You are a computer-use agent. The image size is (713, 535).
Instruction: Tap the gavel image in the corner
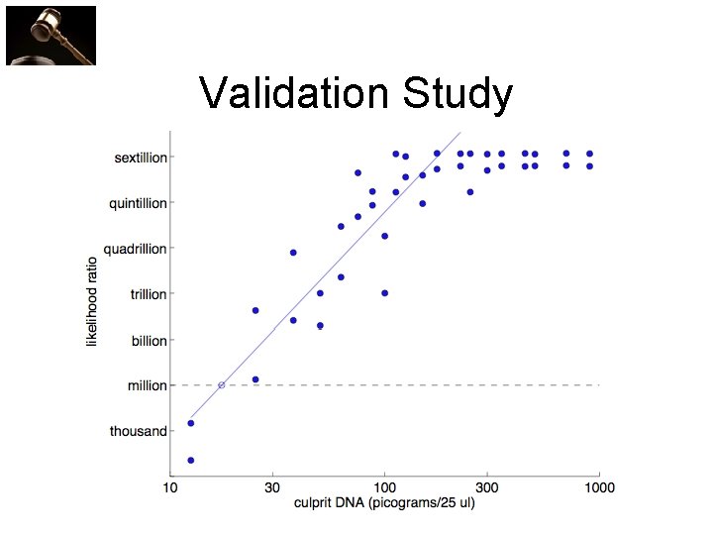[x=51, y=35]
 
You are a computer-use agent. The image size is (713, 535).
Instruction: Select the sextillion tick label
[x=141, y=158]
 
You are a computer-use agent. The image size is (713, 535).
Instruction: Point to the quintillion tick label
[x=138, y=203]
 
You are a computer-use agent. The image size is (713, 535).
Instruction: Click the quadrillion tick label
[x=136, y=249]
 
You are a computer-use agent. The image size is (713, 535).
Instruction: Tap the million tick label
[x=148, y=385]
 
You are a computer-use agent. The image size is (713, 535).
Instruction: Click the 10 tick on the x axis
[x=170, y=486]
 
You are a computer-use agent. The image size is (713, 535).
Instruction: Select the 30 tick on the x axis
[x=272, y=486]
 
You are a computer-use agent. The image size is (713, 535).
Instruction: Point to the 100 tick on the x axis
[x=384, y=486]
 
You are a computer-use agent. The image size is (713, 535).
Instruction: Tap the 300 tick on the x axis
[x=487, y=486]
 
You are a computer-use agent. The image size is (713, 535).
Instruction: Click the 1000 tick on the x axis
[x=599, y=486]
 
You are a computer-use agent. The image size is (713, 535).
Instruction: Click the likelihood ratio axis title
[x=93, y=296]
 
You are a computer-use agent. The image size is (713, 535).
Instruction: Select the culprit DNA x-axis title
[x=384, y=503]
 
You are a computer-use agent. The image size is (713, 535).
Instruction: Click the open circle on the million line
[x=221, y=384]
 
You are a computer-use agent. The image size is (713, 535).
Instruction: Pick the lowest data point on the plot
[x=190, y=460]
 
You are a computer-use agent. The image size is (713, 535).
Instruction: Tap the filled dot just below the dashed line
[x=255, y=379]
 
